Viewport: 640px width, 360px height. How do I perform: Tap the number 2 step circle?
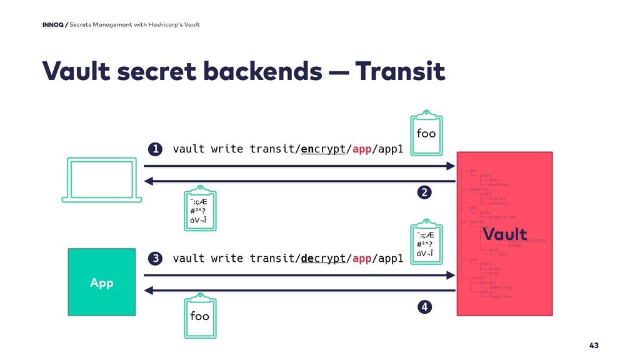(x=425, y=193)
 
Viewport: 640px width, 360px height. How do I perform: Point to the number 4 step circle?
(x=425, y=307)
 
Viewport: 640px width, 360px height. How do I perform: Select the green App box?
(x=101, y=282)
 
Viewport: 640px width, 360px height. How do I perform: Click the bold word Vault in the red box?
(x=505, y=236)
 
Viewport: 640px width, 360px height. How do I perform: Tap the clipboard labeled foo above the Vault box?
(x=426, y=131)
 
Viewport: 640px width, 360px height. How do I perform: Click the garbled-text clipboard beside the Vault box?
(x=424, y=242)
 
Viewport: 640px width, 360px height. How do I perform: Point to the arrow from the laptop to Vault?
(x=300, y=166)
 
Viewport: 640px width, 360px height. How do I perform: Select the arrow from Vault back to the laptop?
(x=300, y=181)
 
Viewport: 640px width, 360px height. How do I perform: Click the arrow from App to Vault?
(x=300, y=275)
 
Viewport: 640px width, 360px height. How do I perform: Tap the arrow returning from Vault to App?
(x=300, y=291)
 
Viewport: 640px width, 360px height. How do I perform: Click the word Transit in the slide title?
(x=401, y=72)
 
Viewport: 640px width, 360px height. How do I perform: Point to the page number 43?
(x=594, y=346)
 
